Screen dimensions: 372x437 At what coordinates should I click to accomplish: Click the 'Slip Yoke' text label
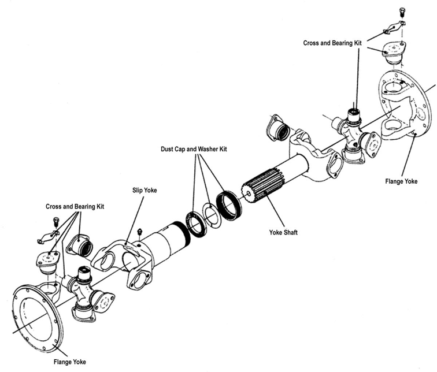coord(141,190)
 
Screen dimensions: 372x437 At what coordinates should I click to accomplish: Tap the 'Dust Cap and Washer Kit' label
coord(194,149)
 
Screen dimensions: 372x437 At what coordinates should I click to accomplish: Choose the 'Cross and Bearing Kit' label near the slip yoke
coord(75,206)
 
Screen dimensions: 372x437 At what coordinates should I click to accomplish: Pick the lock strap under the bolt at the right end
coord(392,27)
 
